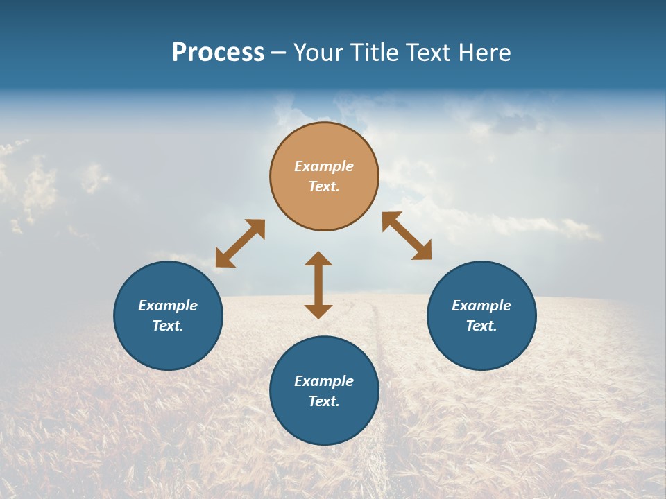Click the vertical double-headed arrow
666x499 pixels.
coord(318,285)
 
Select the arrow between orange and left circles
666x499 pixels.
coord(240,243)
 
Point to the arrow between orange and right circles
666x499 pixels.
coord(407,236)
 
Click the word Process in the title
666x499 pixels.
coord(218,52)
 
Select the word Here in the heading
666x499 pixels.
coord(485,52)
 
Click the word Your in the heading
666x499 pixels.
coord(318,52)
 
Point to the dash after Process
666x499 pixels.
coord(278,53)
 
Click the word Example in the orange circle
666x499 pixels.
coord(324,166)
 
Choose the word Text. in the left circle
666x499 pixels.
coord(168,326)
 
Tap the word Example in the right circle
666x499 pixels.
coord(481,306)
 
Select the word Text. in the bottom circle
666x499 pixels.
coord(324,401)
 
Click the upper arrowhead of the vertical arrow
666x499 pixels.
coord(318,259)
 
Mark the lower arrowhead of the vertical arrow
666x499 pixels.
coord(318,311)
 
